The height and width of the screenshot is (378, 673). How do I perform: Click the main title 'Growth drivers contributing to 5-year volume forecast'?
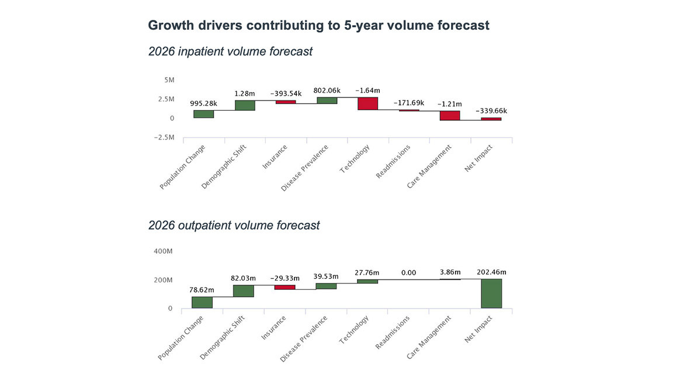pos(318,26)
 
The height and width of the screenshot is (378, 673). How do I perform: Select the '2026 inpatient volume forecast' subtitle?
pos(230,51)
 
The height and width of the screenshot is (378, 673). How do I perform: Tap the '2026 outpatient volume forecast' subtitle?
pos(234,225)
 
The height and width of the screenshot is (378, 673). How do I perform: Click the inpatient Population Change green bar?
pos(204,114)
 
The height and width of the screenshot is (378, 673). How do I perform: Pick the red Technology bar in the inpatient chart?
pos(368,103)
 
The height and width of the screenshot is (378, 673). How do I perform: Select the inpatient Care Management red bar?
pos(450,116)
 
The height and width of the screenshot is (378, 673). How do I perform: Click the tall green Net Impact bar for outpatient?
pos(491,293)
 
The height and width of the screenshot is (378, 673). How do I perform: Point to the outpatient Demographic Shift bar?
pos(243,290)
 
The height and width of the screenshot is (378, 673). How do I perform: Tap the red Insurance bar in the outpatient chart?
pos(285,287)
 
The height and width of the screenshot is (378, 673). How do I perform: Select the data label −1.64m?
pos(369,90)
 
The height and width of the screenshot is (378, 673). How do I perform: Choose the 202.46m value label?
pos(491,272)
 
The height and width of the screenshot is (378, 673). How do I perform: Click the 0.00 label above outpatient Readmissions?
pos(408,272)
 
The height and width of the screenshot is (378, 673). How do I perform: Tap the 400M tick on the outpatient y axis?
pos(163,251)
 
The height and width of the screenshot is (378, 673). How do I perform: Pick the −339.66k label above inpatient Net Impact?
pos(491,111)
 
